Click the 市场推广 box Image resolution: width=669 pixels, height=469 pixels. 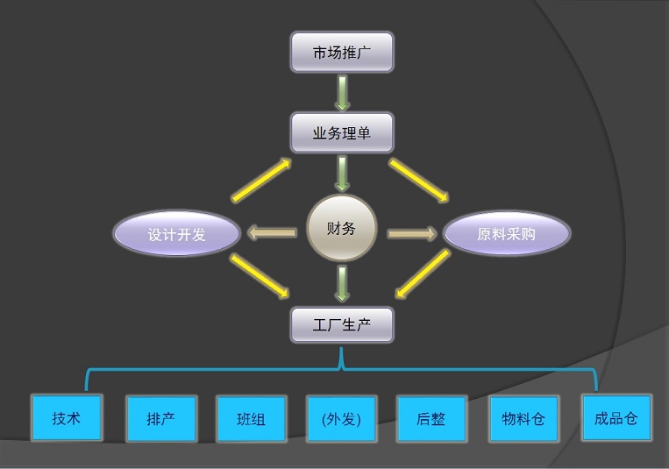342,53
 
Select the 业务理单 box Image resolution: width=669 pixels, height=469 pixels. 342,133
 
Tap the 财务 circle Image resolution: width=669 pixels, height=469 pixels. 341,230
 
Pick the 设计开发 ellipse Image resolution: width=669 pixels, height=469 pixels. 176,234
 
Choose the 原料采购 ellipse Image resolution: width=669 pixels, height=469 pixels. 506,234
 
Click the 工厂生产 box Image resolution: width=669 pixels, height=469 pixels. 342,324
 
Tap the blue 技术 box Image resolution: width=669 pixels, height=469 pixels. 66,418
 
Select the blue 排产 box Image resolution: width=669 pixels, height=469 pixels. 160,419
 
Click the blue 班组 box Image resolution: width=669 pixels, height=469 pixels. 251,419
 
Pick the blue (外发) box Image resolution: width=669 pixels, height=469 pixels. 341,419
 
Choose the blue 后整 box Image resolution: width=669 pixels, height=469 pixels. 431,419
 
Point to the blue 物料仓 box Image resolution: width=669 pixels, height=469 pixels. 523,419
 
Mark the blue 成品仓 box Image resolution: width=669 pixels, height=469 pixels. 616,418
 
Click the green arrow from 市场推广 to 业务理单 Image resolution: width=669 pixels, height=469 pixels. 342,93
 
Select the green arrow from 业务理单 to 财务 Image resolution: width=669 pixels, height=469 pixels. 342,174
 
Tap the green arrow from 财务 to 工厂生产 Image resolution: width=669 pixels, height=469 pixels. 342,284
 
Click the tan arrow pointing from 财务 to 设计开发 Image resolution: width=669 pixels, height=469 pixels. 271,233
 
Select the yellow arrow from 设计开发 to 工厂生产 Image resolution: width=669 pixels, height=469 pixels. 260,274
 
